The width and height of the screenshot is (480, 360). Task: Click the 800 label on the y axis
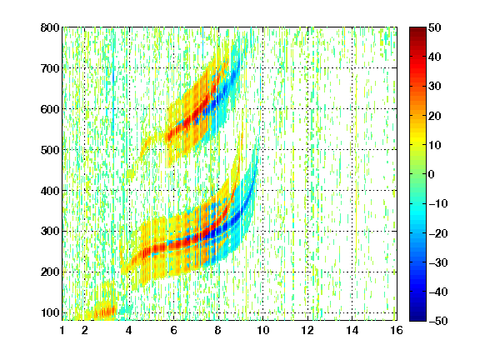pyautogui.click(x=50, y=27)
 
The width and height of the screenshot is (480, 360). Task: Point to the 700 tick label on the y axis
pyautogui.click(x=50, y=68)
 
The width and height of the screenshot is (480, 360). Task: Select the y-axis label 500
pyautogui.click(x=50, y=150)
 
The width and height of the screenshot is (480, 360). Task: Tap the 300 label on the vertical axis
pyautogui.click(x=50, y=231)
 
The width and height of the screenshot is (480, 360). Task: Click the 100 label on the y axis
pyautogui.click(x=50, y=312)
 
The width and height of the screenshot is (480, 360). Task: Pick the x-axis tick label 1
pyautogui.click(x=62, y=330)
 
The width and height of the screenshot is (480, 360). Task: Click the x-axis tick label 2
pyautogui.click(x=85, y=330)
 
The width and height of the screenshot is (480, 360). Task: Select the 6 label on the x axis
pyautogui.click(x=174, y=330)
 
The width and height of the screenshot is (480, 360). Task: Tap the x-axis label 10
pyautogui.click(x=262, y=330)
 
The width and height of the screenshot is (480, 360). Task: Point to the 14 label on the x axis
pyautogui.click(x=352, y=330)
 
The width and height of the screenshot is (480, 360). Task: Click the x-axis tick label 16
pyautogui.click(x=397, y=330)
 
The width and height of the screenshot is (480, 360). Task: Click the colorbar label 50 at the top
pyautogui.click(x=435, y=27)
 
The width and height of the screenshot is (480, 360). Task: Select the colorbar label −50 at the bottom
pyautogui.click(x=438, y=321)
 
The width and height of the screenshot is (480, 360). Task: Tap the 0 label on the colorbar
pyautogui.click(x=432, y=174)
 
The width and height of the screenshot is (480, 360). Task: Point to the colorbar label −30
pyautogui.click(x=438, y=262)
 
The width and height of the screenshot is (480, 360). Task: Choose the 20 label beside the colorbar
pyautogui.click(x=435, y=116)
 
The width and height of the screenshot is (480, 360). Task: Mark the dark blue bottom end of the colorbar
pyautogui.click(x=417, y=318)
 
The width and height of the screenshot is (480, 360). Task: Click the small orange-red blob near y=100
pyautogui.click(x=105, y=312)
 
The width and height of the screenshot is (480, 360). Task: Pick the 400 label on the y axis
pyautogui.click(x=50, y=191)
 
